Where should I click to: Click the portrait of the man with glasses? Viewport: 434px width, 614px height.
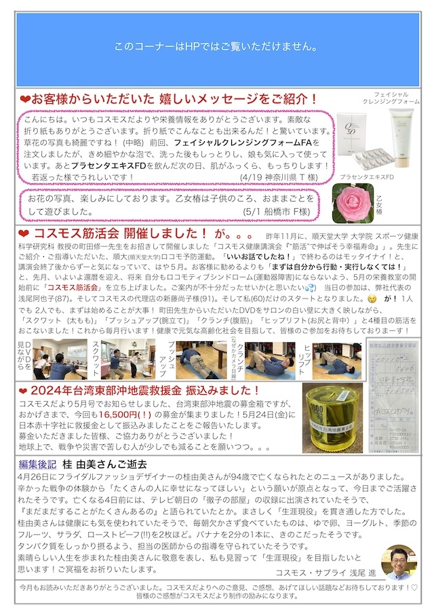tap(398, 562)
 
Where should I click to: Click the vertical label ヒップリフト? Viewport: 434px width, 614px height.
tap(308, 356)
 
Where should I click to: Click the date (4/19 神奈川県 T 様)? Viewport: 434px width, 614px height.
tap(278, 176)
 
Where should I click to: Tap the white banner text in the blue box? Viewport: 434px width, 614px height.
tap(217, 47)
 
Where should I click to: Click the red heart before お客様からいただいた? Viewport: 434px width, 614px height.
tap(24, 99)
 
